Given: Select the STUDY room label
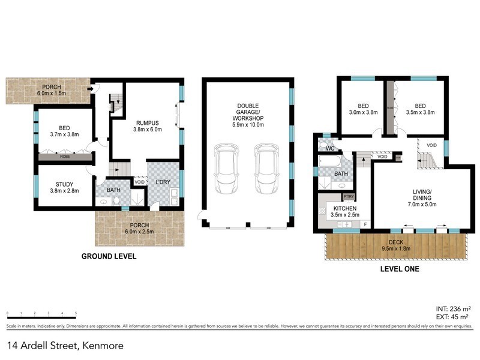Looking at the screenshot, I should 64,184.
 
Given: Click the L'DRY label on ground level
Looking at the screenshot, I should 162,182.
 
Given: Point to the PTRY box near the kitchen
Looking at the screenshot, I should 348,196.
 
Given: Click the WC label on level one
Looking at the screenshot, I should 330,148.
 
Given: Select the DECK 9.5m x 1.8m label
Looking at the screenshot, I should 396,230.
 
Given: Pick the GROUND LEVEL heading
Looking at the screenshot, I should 109,256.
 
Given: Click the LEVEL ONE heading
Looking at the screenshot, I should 400,269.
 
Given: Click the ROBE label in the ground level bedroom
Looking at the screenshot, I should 64,156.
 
